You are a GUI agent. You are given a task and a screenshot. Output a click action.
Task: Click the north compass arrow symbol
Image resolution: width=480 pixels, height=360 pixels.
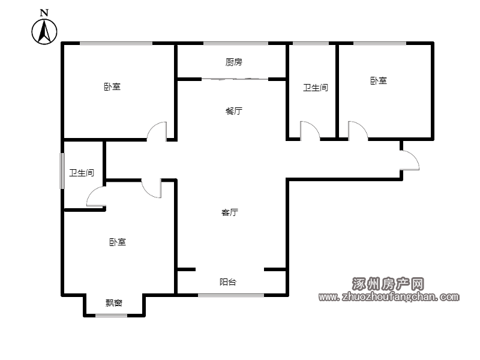[44, 32]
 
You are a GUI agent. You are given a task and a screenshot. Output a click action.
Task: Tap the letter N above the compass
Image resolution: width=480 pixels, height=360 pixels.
[44, 13]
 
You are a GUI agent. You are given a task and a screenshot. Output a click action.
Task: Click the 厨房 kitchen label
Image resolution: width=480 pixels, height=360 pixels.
[234, 62]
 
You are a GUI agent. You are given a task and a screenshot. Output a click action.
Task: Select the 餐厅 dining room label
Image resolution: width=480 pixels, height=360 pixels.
[234, 111]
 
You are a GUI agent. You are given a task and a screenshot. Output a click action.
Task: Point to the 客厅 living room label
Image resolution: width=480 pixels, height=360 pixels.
[230, 212]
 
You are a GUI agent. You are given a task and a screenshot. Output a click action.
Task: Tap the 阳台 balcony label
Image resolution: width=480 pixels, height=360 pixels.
[228, 282]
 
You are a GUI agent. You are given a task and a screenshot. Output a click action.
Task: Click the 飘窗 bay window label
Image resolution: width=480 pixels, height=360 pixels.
[114, 303]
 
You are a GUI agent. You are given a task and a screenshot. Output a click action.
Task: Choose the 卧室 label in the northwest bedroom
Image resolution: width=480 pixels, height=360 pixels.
[112, 86]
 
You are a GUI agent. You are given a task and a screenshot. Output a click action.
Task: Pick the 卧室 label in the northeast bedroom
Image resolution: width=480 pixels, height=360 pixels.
[379, 81]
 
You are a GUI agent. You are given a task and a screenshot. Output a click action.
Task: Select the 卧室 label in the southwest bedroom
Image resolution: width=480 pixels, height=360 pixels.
[118, 242]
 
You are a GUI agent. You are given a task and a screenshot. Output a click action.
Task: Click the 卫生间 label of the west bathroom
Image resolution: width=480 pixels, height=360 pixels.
[82, 173]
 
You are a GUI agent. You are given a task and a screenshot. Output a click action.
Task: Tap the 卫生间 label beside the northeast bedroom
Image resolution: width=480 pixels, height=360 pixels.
[316, 88]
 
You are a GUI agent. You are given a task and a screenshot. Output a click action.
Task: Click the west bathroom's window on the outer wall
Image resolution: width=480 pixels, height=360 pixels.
[62, 171]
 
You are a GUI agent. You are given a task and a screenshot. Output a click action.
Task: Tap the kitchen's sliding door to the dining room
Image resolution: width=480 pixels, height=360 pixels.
[235, 79]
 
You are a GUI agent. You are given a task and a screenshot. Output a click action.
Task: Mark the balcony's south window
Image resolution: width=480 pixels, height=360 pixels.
[231, 295]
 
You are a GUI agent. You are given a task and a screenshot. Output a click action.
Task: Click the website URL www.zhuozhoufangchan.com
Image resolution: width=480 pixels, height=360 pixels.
[389, 296]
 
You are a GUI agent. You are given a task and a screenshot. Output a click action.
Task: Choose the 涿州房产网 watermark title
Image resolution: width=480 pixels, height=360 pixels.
[388, 284]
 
